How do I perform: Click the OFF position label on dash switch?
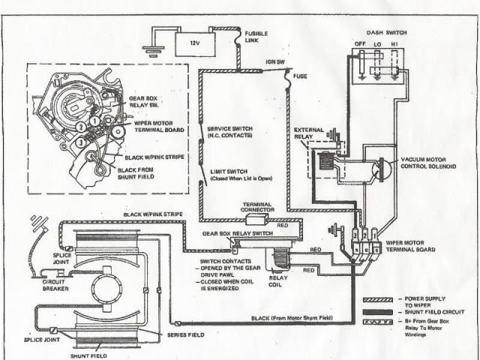pos(359,43)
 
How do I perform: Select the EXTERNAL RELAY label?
pos(309,132)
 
